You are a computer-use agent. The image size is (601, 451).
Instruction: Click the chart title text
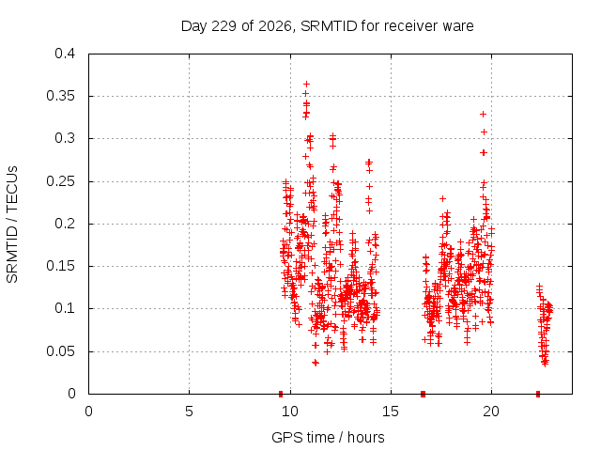[x=328, y=26]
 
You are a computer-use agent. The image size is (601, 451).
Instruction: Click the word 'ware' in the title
[x=458, y=27]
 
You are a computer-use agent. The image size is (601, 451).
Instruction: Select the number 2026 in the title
[x=275, y=26]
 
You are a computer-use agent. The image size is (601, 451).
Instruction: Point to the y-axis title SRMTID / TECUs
[x=12, y=225]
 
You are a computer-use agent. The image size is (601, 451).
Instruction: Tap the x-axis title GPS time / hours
[x=328, y=437]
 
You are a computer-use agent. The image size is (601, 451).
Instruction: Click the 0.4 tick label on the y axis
[x=65, y=54]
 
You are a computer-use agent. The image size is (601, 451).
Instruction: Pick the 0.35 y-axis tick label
[x=60, y=96]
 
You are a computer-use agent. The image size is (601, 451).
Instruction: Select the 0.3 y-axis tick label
[x=65, y=138]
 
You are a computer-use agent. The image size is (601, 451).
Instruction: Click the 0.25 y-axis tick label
[x=60, y=181]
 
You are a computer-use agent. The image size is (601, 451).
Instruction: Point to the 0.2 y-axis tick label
[x=65, y=224]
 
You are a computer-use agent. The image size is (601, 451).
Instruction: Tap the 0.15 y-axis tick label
[x=60, y=266]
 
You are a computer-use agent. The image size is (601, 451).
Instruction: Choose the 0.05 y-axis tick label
[x=60, y=351]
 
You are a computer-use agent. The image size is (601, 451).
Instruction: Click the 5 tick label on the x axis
[x=189, y=412]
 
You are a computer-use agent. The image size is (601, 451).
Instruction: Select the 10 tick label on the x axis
[x=290, y=412]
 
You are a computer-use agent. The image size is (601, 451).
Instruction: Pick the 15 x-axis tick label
[x=391, y=412]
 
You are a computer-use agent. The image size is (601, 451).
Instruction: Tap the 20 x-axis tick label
[x=491, y=412]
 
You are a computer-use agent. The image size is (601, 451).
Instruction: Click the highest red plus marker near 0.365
[x=306, y=84]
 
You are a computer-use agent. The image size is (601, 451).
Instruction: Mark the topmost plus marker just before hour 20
[x=484, y=115]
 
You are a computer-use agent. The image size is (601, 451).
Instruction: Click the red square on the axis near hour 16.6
[x=423, y=394]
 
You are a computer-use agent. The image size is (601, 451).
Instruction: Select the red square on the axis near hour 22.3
[x=538, y=394]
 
